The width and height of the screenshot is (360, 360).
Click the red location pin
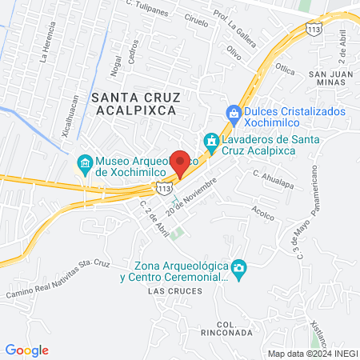(181, 162)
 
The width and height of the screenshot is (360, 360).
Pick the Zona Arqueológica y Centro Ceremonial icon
(238, 266)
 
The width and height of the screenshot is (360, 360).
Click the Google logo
(27, 350)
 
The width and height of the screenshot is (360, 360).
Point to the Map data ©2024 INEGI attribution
(312, 353)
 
